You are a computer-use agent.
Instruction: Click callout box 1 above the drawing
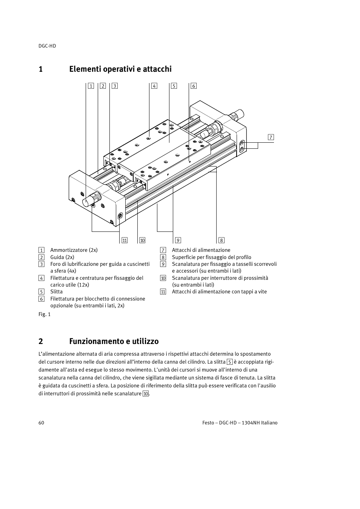91,86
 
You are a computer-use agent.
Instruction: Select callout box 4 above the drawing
154,86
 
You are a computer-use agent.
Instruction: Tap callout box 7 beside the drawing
271,137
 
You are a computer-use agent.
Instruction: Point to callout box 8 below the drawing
222,240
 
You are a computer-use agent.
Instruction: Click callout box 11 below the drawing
125,240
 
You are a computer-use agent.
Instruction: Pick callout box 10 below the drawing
142,240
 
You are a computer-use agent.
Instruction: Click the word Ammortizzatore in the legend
69,250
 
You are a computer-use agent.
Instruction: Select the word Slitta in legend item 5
57,292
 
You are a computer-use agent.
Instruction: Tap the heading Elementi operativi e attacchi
120,69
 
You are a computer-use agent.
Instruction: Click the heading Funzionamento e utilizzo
114,341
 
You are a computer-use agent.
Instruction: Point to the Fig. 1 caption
45,314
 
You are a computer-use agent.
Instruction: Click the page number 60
41,423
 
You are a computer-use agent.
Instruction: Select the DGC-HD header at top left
47,46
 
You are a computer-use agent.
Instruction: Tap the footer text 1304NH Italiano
260,423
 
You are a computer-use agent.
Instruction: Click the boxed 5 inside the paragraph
229,362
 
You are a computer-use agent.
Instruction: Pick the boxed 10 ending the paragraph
146,394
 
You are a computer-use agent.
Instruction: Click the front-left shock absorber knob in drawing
92,199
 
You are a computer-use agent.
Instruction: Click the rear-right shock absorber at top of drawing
237,114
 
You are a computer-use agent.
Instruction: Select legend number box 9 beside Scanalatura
163,264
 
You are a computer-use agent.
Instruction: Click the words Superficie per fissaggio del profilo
211,257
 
